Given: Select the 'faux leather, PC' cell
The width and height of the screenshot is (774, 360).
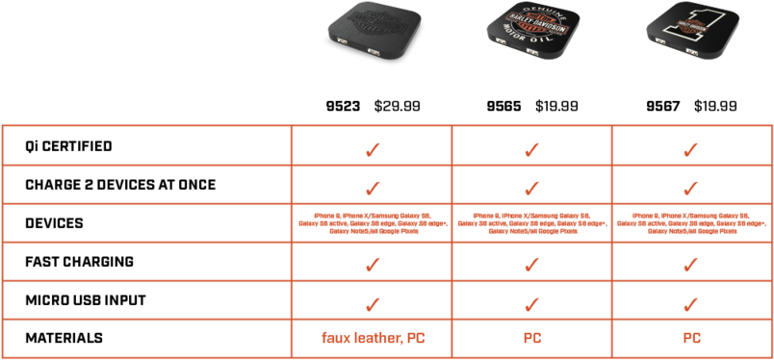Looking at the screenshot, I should tap(372, 339).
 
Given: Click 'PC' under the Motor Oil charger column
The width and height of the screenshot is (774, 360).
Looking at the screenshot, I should tap(531, 339).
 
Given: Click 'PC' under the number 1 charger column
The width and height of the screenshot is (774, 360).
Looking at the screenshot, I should tap(691, 339).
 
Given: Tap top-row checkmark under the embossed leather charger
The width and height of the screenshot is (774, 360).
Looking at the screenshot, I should tap(372, 149).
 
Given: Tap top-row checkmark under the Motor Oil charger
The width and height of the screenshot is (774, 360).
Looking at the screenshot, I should tap(531, 149).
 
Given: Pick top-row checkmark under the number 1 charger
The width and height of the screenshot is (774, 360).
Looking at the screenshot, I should tap(691, 149).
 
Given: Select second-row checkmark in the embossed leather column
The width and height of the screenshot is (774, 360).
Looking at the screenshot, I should tap(372, 188).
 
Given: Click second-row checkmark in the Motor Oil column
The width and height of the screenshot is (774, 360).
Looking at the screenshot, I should tap(531, 188).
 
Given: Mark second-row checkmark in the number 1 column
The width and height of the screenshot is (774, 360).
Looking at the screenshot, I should tap(691, 188).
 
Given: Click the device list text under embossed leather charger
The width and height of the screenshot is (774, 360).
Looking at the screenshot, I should tap(372, 223).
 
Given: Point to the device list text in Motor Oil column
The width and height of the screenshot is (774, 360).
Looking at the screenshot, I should tap(531, 223).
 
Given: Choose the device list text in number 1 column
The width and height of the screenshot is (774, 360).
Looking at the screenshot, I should tap(691, 223).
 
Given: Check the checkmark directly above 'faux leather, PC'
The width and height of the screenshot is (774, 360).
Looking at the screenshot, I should tap(372, 303).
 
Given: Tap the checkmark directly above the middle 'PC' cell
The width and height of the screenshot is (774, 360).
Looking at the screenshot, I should tap(531, 303).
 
